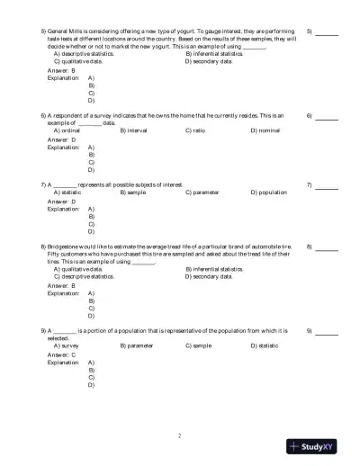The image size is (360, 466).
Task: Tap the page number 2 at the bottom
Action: [180, 435]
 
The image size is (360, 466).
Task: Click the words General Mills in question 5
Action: [67, 31]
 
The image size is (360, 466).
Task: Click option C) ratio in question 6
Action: [195, 130]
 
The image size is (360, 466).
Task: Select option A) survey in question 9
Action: [67, 345]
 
